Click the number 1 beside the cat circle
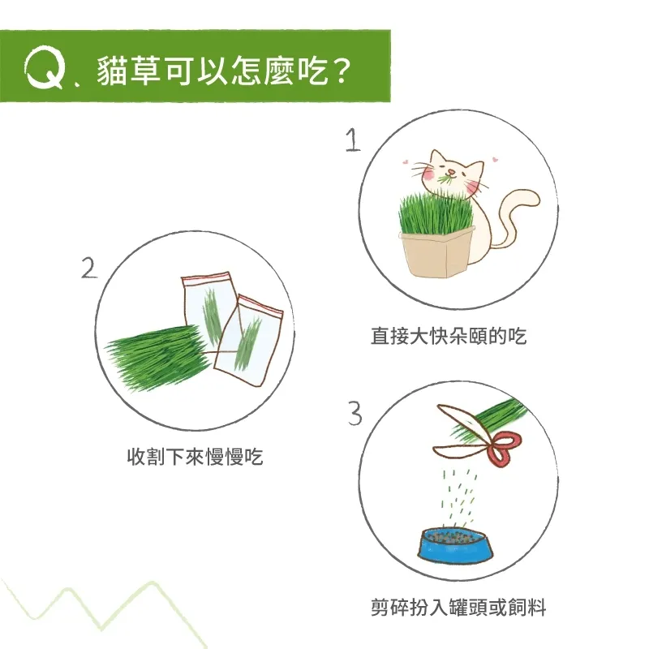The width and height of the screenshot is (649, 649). coord(353,140)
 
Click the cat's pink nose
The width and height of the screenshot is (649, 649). coord(453,172)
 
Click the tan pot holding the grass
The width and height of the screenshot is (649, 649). coord(436,253)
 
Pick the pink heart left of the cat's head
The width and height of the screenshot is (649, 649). coord(406,161)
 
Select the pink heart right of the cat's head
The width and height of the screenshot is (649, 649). coord(494,158)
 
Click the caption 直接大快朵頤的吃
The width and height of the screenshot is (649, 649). coord(449,336)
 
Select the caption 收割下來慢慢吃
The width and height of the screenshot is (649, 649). coord(195,457)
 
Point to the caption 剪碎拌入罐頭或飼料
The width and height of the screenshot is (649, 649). coord(458,608)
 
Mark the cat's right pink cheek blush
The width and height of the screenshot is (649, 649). coord(472,188)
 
